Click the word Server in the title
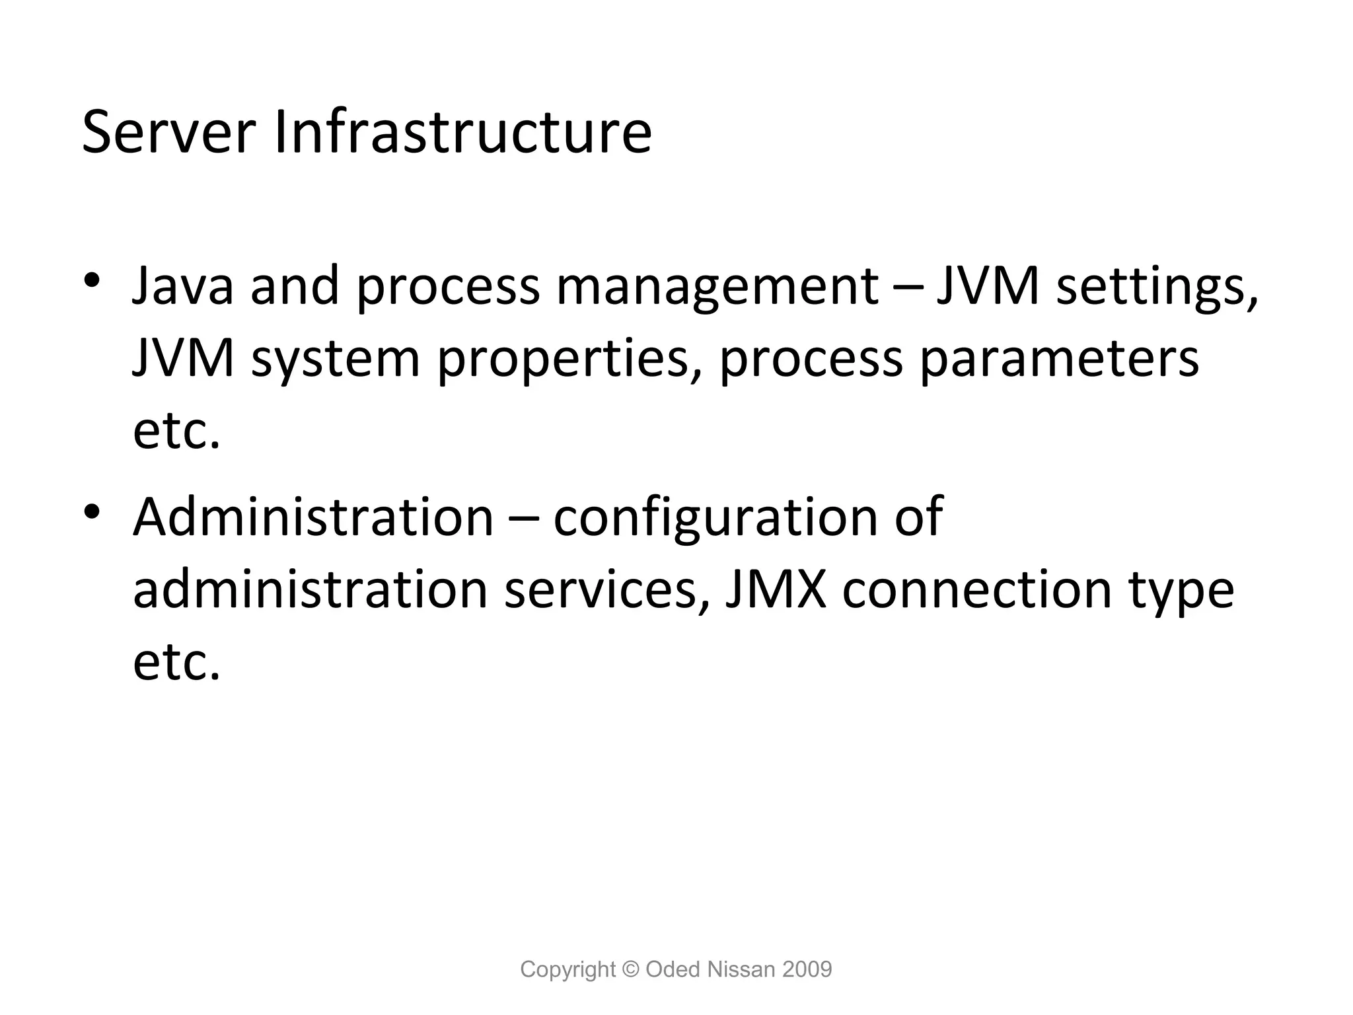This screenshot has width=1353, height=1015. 168,133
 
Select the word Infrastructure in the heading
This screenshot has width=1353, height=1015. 462,133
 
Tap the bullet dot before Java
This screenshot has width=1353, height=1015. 92,279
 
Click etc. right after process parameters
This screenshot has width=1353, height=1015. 176,432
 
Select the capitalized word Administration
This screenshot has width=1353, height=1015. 313,517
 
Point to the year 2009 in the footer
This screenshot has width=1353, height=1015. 807,969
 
